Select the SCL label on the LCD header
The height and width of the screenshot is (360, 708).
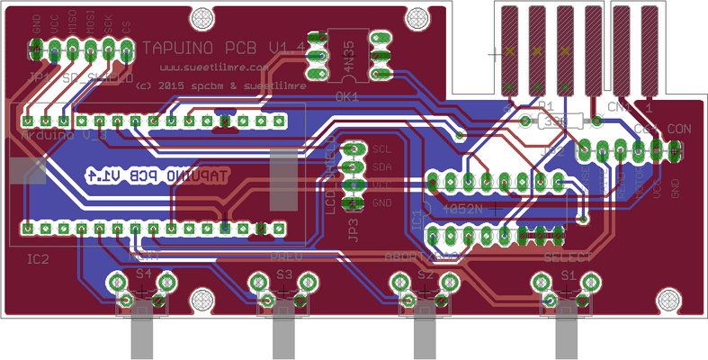[382, 148]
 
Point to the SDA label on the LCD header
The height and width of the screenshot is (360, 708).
[382, 166]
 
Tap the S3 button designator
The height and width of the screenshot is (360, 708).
[284, 274]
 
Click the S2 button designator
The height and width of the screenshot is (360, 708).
[426, 274]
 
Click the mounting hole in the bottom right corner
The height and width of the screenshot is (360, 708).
[668, 298]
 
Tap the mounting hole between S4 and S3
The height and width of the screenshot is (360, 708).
[204, 298]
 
